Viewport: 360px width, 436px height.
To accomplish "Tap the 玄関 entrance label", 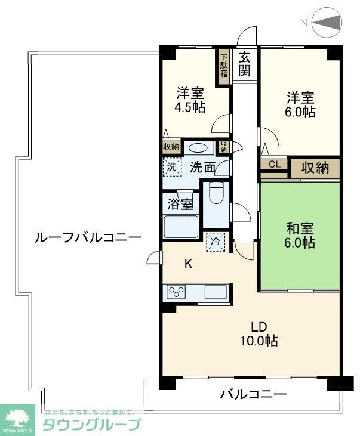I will coord(245,64).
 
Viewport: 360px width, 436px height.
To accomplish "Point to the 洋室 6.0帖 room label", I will coord(300,104).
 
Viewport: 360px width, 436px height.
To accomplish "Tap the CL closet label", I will coord(275,165).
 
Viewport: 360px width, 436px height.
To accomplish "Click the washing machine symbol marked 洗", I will coord(171,167).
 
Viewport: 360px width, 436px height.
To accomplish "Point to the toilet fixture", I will coord(217,194).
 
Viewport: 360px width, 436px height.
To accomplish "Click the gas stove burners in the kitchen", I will coord(176,292).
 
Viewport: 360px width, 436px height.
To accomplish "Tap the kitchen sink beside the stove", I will coord(215,292).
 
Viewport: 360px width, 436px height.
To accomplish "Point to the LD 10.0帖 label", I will coord(258,333).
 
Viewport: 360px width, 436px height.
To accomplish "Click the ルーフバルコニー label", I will coord(88,237).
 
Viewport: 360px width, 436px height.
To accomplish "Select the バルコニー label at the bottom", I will coord(253,394).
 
